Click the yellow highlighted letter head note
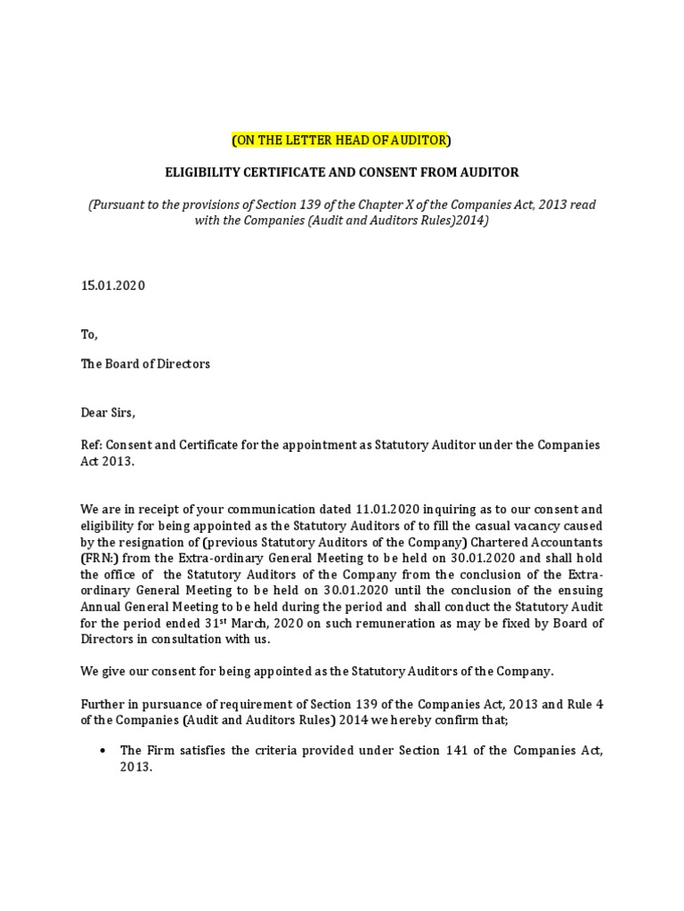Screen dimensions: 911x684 [341, 140]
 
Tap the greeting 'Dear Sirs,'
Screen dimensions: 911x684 [110, 413]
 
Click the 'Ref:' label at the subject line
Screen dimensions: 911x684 [93, 444]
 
